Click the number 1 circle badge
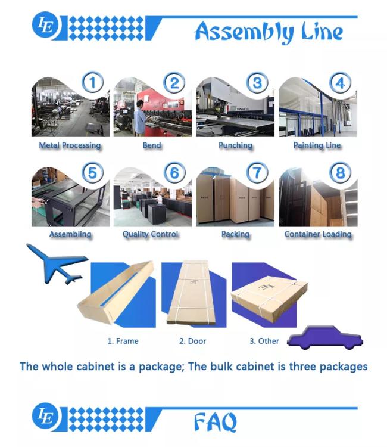(x=92, y=82)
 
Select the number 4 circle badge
(x=340, y=83)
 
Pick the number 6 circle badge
(x=174, y=172)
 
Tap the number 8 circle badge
(x=340, y=172)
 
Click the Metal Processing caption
(x=70, y=145)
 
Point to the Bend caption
(x=152, y=145)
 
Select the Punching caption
(x=236, y=145)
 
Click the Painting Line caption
(x=317, y=145)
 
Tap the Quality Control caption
(x=151, y=234)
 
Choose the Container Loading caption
(x=318, y=234)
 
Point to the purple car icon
(x=325, y=337)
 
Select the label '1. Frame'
(x=123, y=341)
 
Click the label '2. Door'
(x=192, y=341)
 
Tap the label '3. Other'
(x=264, y=341)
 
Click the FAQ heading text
(x=216, y=422)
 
